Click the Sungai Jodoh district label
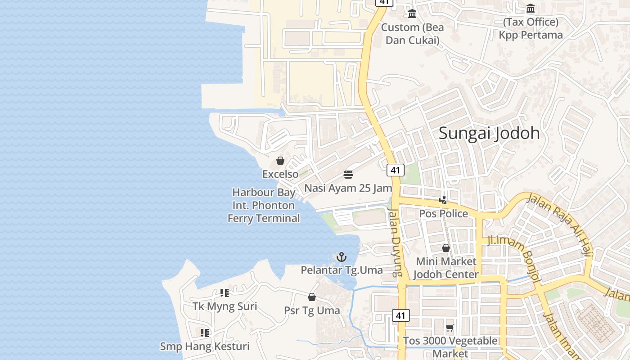[x=489, y=133]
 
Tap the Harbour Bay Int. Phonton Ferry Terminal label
[x=264, y=205]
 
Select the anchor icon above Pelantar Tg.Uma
[x=342, y=257]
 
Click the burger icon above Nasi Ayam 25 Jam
[x=348, y=174]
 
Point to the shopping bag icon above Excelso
[x=280, y=161]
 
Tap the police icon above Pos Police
[x=443, y=200]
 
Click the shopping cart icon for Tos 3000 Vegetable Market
[x=450, y=328]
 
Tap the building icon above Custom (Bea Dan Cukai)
[x=412, y=14]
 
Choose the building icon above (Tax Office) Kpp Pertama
[x=531, y=9]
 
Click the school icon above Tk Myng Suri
[x=225, y=293]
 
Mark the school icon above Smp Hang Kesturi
[x=205, y=333]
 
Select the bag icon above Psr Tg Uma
[x=311, y=297]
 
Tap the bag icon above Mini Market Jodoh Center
[x=445, y=248]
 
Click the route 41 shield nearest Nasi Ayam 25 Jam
[x=395, y=170]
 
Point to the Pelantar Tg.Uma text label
[x=342, y=270]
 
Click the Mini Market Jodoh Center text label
[x=445, y=268]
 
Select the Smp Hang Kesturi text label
[x=205, y=346]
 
